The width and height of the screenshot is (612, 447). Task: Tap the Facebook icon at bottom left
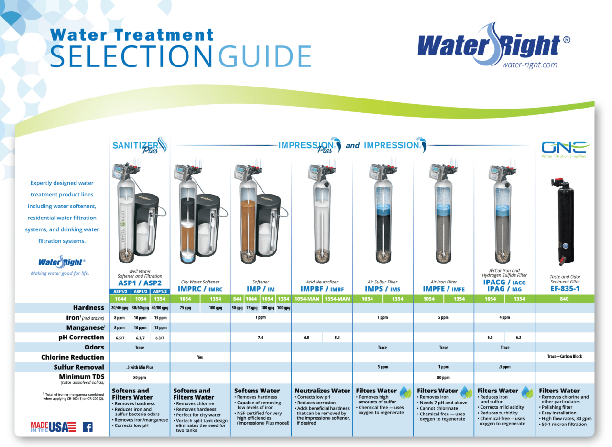click(87, 427)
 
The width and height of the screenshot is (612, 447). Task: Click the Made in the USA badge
click(53, 427)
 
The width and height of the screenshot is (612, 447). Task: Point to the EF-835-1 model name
click(565, 289)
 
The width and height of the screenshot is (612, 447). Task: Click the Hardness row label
click(88, 308)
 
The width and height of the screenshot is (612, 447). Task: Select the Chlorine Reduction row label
click(73, 357)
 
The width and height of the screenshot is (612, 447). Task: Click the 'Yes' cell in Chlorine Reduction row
click(200, 357)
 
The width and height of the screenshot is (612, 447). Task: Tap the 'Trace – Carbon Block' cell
click(565, 357)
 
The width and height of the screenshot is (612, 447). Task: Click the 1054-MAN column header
click(307, 299)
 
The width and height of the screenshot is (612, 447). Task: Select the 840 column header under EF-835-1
click(565, 299)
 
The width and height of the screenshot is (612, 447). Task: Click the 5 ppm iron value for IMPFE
click(443, 317)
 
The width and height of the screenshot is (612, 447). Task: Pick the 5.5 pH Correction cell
click(337, 338)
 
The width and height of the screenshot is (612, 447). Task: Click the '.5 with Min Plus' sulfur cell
click(140, 367)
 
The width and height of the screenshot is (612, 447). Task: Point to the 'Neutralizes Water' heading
click(322, 391)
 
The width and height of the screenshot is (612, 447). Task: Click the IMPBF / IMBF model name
click(322, 289)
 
